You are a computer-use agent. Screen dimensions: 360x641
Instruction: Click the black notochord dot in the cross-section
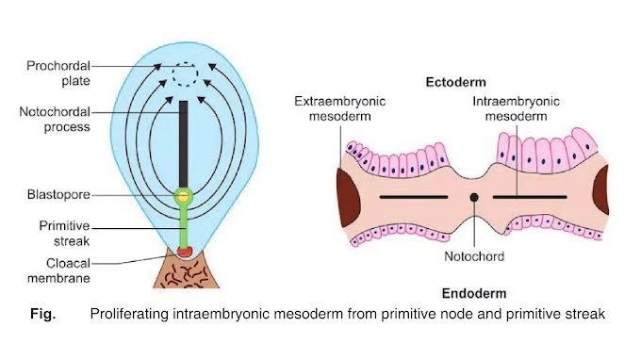[x=473, y=197]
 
